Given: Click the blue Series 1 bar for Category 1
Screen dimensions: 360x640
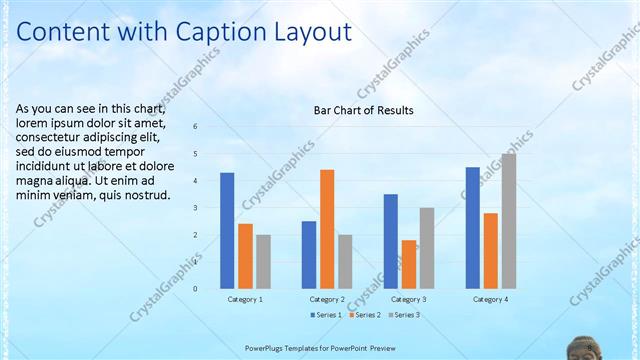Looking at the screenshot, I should pyautogui.click(x=227, y=231).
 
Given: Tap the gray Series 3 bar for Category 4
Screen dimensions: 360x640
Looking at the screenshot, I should pyautogui.click(x=509, y=221).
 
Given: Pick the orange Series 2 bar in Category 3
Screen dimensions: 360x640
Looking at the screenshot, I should pyautogui.click(x=409, y=264).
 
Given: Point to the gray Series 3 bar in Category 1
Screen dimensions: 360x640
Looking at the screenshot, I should pyautogui.click(x=263, y=262).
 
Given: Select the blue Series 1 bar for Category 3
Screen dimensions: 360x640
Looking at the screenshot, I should pyautogui.click(x=391, y=241).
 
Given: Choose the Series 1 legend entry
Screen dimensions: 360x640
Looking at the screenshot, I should pyautogui.click(x=326, y=315).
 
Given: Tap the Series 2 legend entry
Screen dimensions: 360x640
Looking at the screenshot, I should pyautogui.click(x=364, y=315).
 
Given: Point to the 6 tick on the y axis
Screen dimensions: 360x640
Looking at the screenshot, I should pyautogui.click(x=195, y=126).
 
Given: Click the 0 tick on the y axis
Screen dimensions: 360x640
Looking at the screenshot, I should pyautogui.click(x=195, y=289).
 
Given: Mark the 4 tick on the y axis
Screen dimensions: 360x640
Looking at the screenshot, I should pyautogui.click(x=195, y=181).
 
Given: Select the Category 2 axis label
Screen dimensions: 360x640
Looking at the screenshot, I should pyautogui.click(x=327, y=299).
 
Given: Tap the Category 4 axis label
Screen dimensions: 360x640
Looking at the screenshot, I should pyautogui.click(x=491, y=299).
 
